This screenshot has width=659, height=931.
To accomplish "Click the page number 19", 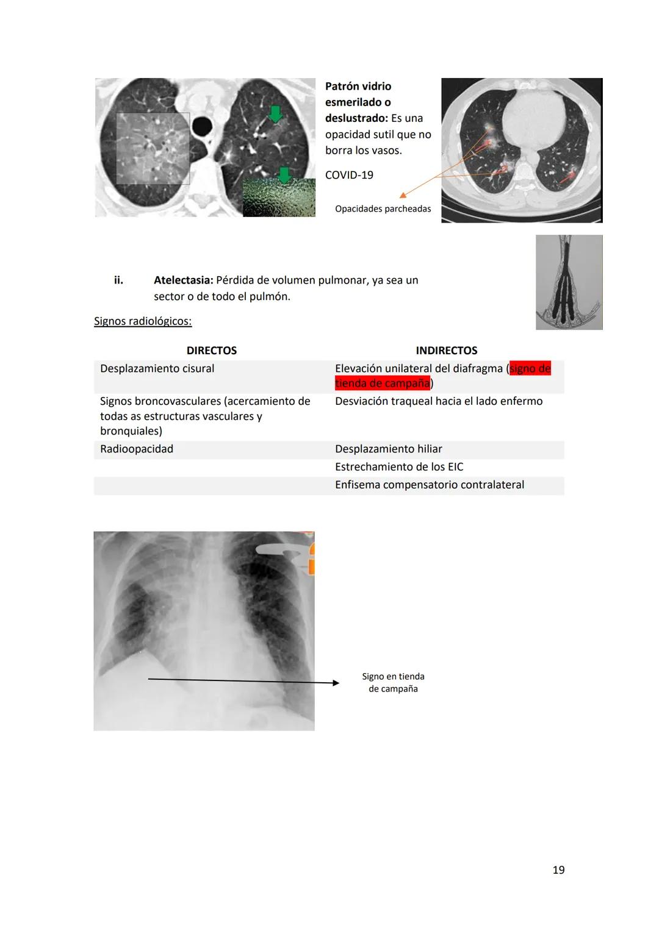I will (x=558, y=870).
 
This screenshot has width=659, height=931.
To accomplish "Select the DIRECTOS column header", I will (x=211, y=351).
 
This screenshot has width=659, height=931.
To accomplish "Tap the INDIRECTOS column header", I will (x=446, y=351).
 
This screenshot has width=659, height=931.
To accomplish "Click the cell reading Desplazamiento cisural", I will (x=157, y=369).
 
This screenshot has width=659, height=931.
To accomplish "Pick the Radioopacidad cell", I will (x=137, y=449).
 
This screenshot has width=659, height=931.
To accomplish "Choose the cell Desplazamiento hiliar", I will (x=388, y=449).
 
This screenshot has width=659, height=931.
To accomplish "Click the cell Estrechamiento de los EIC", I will (x=399, y=467).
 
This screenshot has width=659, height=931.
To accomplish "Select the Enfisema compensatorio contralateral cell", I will (x=429, y=485).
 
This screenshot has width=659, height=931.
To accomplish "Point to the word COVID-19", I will (x=349, y=176).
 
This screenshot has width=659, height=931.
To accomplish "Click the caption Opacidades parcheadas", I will (x=383, y=209).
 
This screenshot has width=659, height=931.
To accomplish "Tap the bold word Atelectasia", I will (x=183, y=280).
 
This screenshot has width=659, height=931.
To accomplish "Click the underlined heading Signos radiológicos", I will (x=143, y=321).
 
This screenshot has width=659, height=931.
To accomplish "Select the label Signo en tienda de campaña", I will (x=393, y=683).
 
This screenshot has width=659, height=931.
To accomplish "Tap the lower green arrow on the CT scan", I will (x=284, y=175).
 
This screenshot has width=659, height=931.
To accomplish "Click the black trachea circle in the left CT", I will (x=201, y=127).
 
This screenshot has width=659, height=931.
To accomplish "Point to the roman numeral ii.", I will (x=118, y=280).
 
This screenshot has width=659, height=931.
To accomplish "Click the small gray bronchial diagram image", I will (x=569, y=282).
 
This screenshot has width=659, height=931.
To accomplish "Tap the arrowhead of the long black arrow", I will (x=336, y=683).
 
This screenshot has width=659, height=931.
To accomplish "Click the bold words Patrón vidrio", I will (x=358, y=87).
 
